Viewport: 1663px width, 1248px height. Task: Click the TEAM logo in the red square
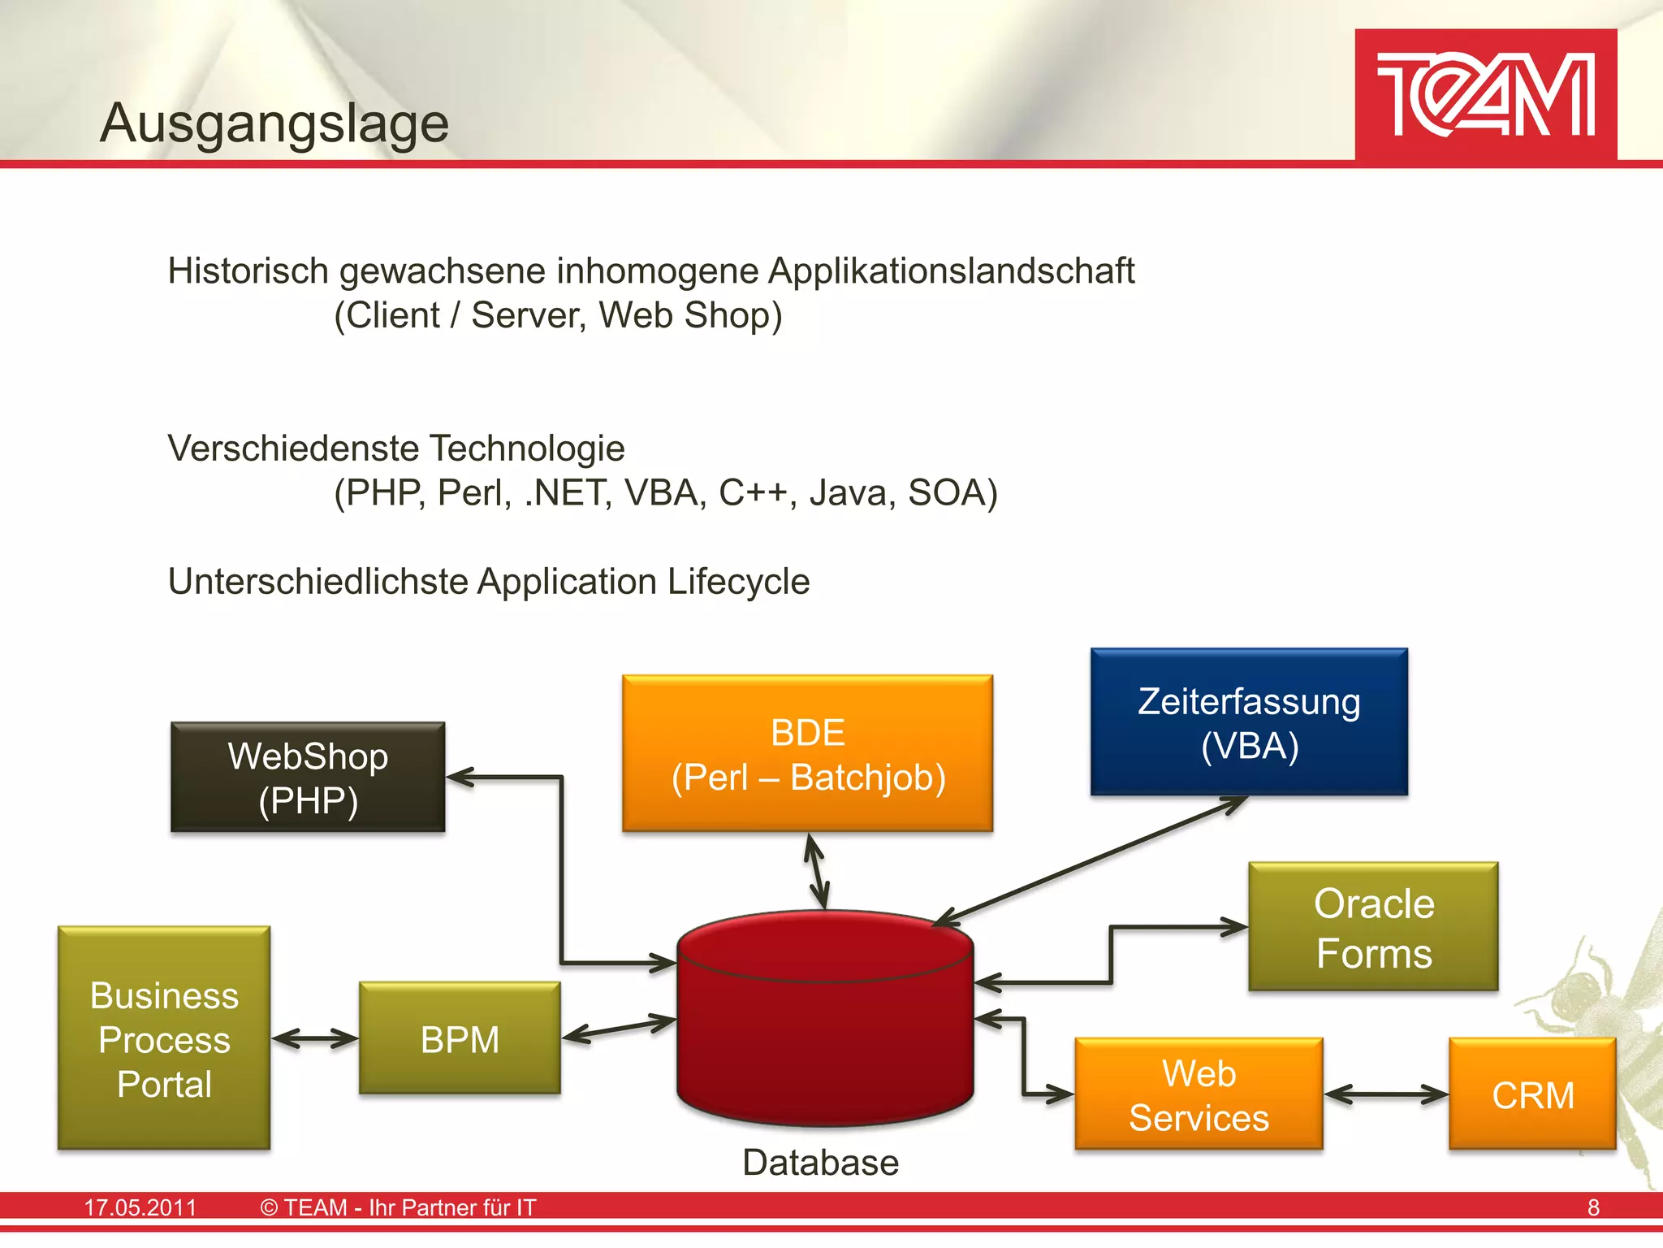1485,95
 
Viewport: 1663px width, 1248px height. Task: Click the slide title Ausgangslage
274,123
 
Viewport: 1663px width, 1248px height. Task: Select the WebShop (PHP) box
308,778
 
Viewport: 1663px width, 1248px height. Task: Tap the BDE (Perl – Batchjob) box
807,754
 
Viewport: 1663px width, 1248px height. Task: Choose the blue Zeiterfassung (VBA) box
1249,722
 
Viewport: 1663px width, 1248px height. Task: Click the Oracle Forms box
1373,927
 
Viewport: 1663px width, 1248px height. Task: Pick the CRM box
1532,1094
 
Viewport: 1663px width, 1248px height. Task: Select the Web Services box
1199,1094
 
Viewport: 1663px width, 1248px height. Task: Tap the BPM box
460,1039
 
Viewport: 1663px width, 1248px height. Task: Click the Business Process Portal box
164,1039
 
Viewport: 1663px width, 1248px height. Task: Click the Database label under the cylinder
820,1163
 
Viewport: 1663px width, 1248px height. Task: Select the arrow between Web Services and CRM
1386,1094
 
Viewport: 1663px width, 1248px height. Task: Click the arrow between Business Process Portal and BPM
315,1038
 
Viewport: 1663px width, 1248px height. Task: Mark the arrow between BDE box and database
817,873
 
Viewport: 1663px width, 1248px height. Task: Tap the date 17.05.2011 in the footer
140,1207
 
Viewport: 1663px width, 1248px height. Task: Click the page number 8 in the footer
1593,1207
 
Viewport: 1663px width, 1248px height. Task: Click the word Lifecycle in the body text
738,582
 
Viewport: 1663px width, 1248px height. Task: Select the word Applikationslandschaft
951,271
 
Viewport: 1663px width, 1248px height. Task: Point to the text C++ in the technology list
753,493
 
